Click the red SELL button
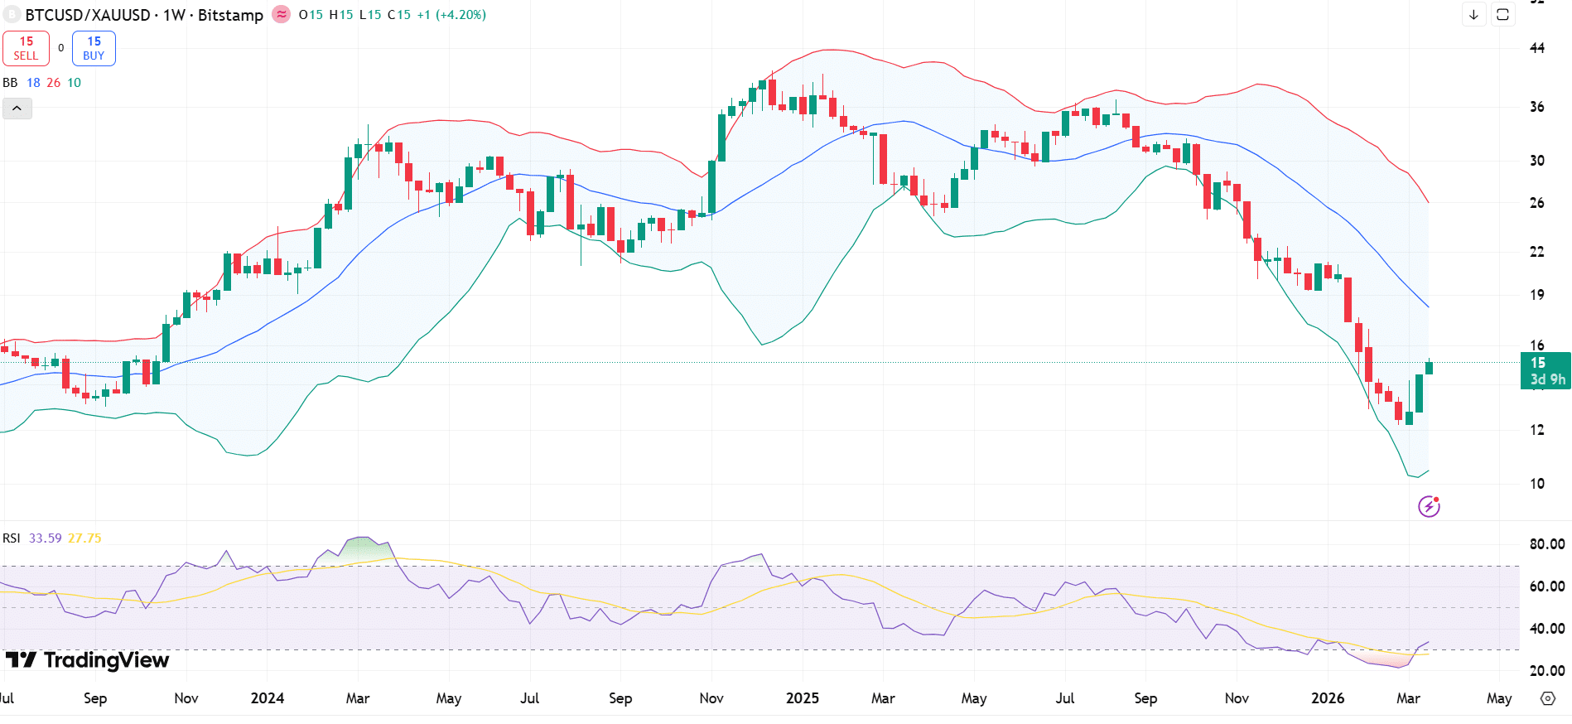coord(26,48)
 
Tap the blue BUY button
coord(94,48)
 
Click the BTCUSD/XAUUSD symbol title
coord(88,15)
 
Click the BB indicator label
coord(10,83)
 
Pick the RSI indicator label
coord(12,538)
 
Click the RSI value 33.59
coord(45,538)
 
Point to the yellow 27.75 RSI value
coord(84,538)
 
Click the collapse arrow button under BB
coord(17,109)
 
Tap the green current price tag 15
coord(1545,370)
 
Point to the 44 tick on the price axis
coord(1536,48)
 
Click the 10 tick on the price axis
coord(1536,484)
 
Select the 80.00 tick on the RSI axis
coord(1546,544)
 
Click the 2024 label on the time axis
coord(267,698)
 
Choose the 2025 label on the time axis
coord(802,698)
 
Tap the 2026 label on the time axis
coord(1327,698)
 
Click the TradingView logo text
coord(106,660)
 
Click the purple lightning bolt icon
coord(1429,506)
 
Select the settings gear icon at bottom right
coord(1547,698)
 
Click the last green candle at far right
coord(1429,368)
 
